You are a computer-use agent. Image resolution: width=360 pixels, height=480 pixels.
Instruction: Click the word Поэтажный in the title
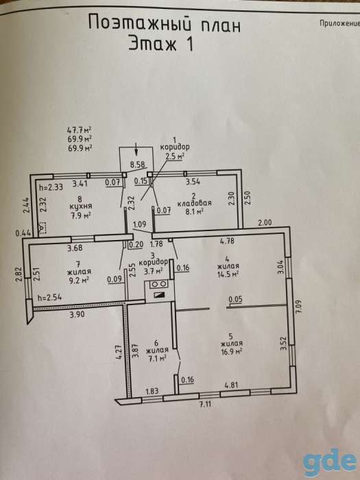coord(137,23)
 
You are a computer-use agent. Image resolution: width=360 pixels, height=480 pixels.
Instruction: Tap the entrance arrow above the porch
coord(136,152)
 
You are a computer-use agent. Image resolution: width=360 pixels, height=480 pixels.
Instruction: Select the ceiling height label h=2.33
coord(51,187)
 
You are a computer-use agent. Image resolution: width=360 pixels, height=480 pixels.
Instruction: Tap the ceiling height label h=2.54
coord(49,297)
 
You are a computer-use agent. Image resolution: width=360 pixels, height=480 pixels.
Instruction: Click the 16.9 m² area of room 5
coord(231,351)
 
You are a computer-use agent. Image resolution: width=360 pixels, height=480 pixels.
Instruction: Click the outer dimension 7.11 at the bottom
coord(206,404)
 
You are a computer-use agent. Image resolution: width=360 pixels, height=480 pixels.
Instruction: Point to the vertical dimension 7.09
coord(300,306)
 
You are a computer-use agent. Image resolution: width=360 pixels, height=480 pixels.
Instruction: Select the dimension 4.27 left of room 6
coord(119,352)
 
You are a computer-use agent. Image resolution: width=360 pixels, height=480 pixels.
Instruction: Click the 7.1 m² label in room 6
coord(157,357)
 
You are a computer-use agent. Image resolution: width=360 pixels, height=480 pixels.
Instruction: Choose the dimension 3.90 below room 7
coord(77,315)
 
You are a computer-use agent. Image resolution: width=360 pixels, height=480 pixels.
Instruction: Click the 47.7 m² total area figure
coord(80,130)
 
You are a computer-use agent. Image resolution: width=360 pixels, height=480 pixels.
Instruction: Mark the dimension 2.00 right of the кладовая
coord(265,223)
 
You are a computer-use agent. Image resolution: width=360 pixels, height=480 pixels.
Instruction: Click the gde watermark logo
coord(330,463)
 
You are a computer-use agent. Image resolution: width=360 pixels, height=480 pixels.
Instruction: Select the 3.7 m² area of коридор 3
coord(154,271)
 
